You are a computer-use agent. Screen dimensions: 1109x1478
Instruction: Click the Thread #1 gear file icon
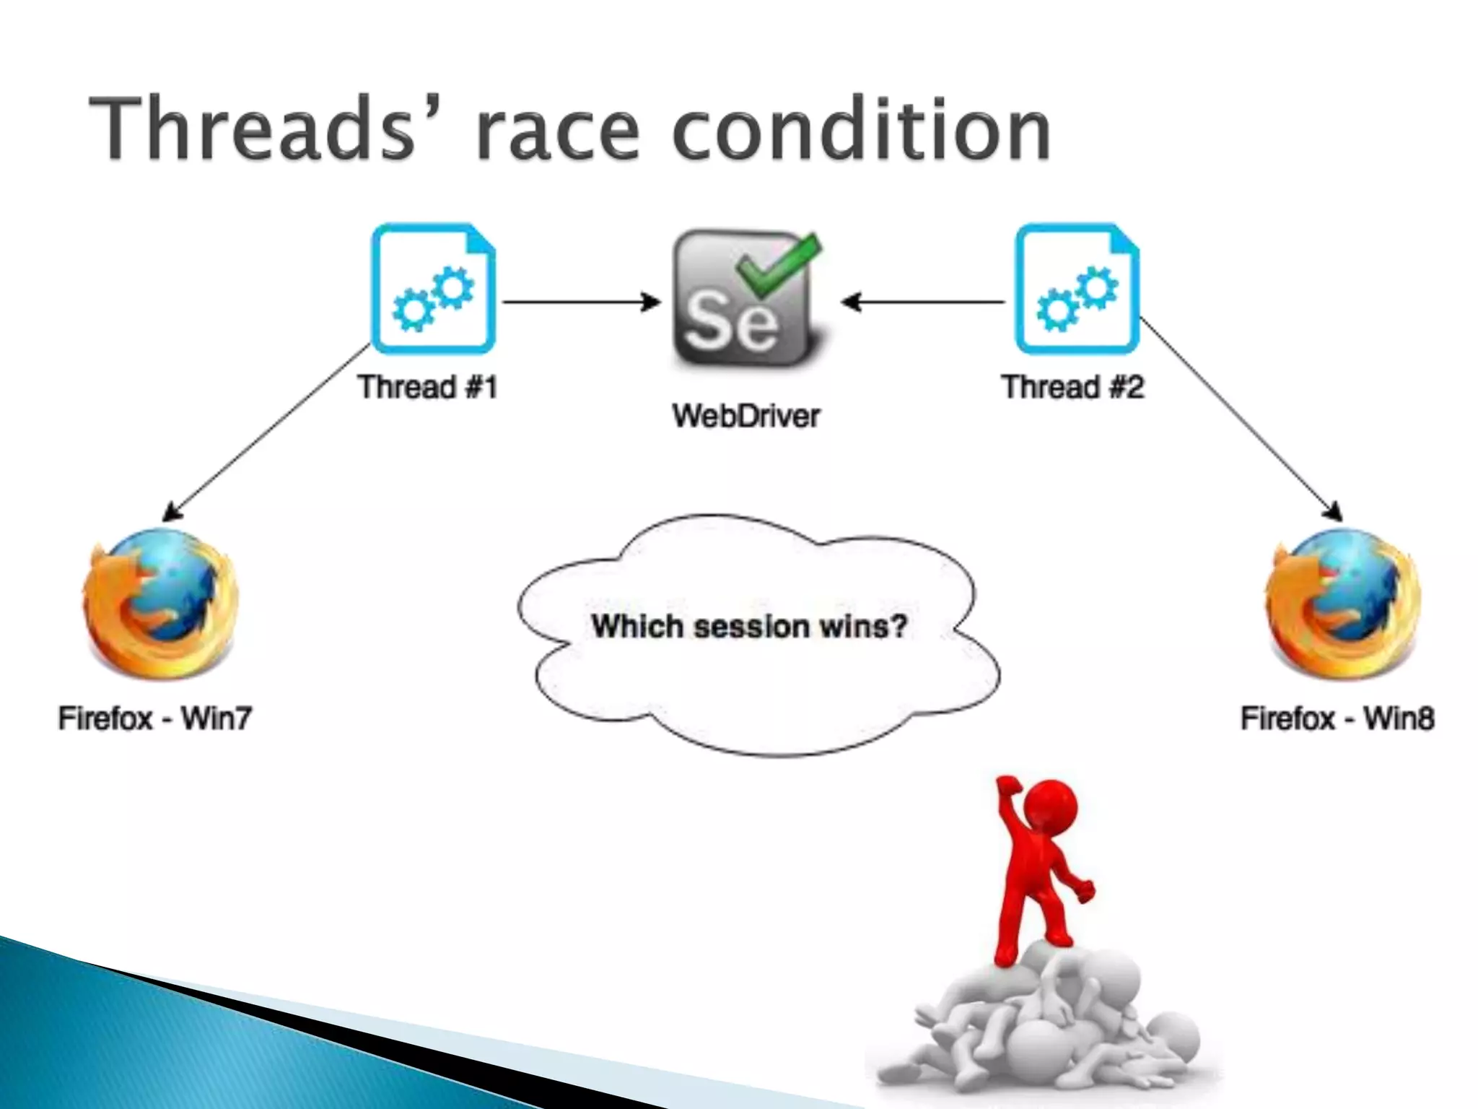pyautogui.click(x=433, y=289)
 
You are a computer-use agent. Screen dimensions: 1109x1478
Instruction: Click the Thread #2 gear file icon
pyautogui.click(x=1076, y=289)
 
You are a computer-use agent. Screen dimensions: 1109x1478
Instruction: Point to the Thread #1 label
pyautogui.click(x=428, y=387)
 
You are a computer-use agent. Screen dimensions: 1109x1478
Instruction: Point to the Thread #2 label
pyautogui.click(x=1072, y=387)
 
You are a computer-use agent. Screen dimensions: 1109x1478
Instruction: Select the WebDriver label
pyautogui.click(x=746, y=416)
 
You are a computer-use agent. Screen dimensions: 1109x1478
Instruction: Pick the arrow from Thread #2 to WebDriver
pyautogui.click(x=923, y=302)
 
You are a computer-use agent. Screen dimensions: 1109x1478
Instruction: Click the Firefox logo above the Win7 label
pyautogui.click(x=160, y=603)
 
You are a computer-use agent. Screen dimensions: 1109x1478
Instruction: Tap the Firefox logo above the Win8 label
pyautogui.click(x=1342, y=603)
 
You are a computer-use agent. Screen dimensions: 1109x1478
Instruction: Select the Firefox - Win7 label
pyautogui.click(x=155, y=718)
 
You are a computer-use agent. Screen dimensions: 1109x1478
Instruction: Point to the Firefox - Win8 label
pyautogui.click(x=1337, y=718)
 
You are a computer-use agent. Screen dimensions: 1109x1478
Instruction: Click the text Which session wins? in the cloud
pyautogui.click(x=749, y=626)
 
